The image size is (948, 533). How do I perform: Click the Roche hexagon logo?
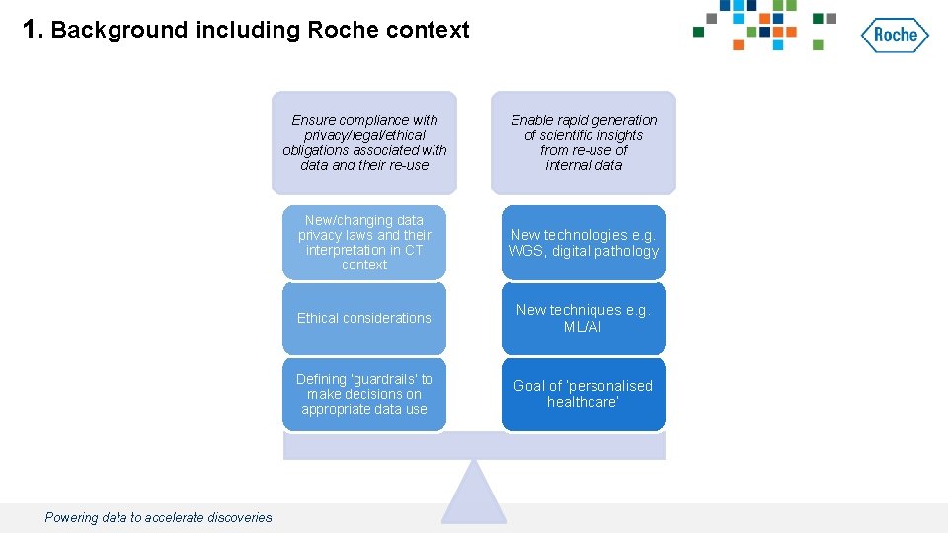tap(895, 36)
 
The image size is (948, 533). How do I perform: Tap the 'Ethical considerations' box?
tap(364, 319)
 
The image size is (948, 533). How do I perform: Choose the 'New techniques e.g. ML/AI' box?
tap(583, 319)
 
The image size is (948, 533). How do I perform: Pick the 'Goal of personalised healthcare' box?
tap(583, 394)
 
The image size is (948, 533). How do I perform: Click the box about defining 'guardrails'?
tap(364, 394)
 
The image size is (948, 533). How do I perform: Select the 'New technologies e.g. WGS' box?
tap(583, 243)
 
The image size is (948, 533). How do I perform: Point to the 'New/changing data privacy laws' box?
tap(364, 243)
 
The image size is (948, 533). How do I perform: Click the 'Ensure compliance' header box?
tap(364, 142)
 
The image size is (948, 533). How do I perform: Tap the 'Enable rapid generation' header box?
tap(583, 142)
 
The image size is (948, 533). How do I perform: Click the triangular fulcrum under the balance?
tap(474, 494)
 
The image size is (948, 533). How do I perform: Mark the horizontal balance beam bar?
tap(474, 446)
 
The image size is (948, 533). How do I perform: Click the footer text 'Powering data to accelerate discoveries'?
tap(158, 517)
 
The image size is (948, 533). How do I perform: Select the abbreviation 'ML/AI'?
tap(583, 327)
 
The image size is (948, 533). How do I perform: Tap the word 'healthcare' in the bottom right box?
tap(583, 402)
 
